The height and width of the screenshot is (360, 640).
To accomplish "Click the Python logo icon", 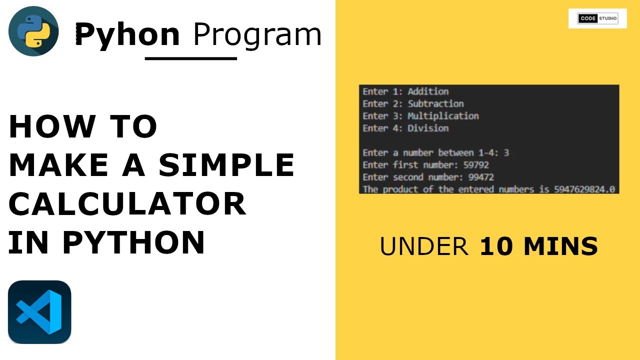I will click(33, 31).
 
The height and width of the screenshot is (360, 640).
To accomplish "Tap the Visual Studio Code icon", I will click(39, 312).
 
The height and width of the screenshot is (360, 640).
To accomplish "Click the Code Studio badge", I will click(597, 19).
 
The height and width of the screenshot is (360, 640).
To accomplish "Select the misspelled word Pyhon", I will click(127, 35).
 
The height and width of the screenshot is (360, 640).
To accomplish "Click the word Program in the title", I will click(257, 35).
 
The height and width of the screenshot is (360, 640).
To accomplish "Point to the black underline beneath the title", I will click(190, 58).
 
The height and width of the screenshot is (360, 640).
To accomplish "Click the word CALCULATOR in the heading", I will click(127, 204).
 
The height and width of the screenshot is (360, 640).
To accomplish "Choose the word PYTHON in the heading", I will click(133, 242).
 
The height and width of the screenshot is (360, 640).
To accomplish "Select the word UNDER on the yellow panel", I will click(424, 246).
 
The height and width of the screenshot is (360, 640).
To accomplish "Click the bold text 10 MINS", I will click(539, 246).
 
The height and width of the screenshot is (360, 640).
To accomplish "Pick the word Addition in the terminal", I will click(428, 91).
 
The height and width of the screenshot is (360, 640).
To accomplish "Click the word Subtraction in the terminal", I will click(435, 104).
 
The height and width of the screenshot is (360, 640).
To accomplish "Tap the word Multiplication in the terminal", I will click(443, 116).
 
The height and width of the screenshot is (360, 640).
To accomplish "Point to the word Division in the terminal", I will click(428, 128).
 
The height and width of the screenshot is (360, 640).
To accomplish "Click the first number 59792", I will click(476, 165).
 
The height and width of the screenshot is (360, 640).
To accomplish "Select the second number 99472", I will click(481, 177).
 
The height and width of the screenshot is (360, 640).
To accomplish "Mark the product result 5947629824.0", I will click(584, 189).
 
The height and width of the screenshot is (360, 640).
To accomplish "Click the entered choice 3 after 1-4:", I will click(506, 153).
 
